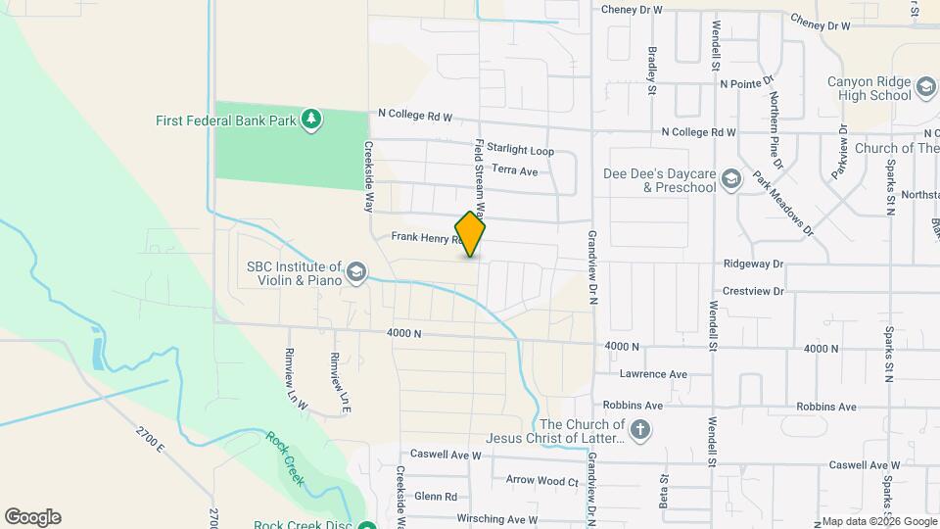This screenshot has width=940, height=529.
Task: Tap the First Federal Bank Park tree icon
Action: click(311, 120)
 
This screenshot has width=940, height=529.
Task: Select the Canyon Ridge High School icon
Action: click(925, 89)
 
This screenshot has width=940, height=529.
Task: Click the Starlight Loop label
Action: click(514, 151)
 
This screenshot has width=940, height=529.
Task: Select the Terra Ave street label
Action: click(515, 170)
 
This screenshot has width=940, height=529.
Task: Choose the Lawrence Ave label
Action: click(653, 374)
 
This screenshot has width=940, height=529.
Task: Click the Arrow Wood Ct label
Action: click(542, 480)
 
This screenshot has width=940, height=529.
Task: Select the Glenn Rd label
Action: click(436, 497)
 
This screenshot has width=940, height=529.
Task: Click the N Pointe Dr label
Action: click(746, 83)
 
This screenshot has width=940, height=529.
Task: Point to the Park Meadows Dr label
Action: click(783, 204)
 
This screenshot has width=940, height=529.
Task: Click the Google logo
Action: click(32, 517)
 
